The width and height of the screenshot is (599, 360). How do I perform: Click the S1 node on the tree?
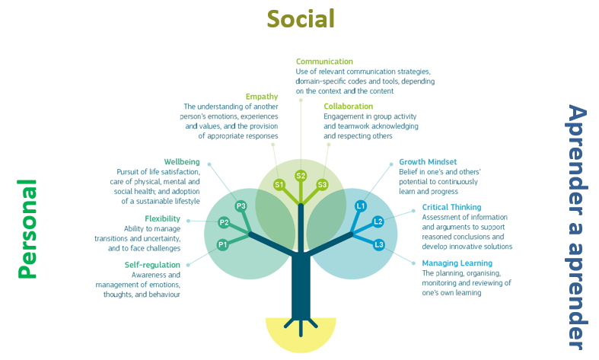point(279,185)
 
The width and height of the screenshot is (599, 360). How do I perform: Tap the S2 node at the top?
point(301,176)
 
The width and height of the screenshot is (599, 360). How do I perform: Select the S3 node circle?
point(323,185)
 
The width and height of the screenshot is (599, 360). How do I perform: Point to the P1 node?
point(223,244)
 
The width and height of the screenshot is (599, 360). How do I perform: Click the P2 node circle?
point(224,222)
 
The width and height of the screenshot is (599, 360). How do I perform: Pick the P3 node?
point(241,206)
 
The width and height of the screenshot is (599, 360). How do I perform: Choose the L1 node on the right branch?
point(361,206)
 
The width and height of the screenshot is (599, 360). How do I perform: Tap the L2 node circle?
point(378,221)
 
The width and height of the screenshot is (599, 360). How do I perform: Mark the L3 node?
point(379,244)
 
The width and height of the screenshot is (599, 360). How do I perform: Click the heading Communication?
point(324,62)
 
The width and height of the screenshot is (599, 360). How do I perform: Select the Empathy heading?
point(262,97)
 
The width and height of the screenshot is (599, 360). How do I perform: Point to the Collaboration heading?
point(349,107)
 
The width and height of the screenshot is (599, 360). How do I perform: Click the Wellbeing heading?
point(182,162)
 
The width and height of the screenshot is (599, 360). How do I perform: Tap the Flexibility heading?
point(162,218)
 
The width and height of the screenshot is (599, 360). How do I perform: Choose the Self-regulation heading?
point(152,265)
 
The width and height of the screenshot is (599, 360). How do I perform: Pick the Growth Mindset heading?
point(428,162)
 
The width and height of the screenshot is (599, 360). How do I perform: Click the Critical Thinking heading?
point(451,207)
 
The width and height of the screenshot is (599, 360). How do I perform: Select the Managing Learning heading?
point(457,263)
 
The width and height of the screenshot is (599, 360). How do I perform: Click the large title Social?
point(301,19)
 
